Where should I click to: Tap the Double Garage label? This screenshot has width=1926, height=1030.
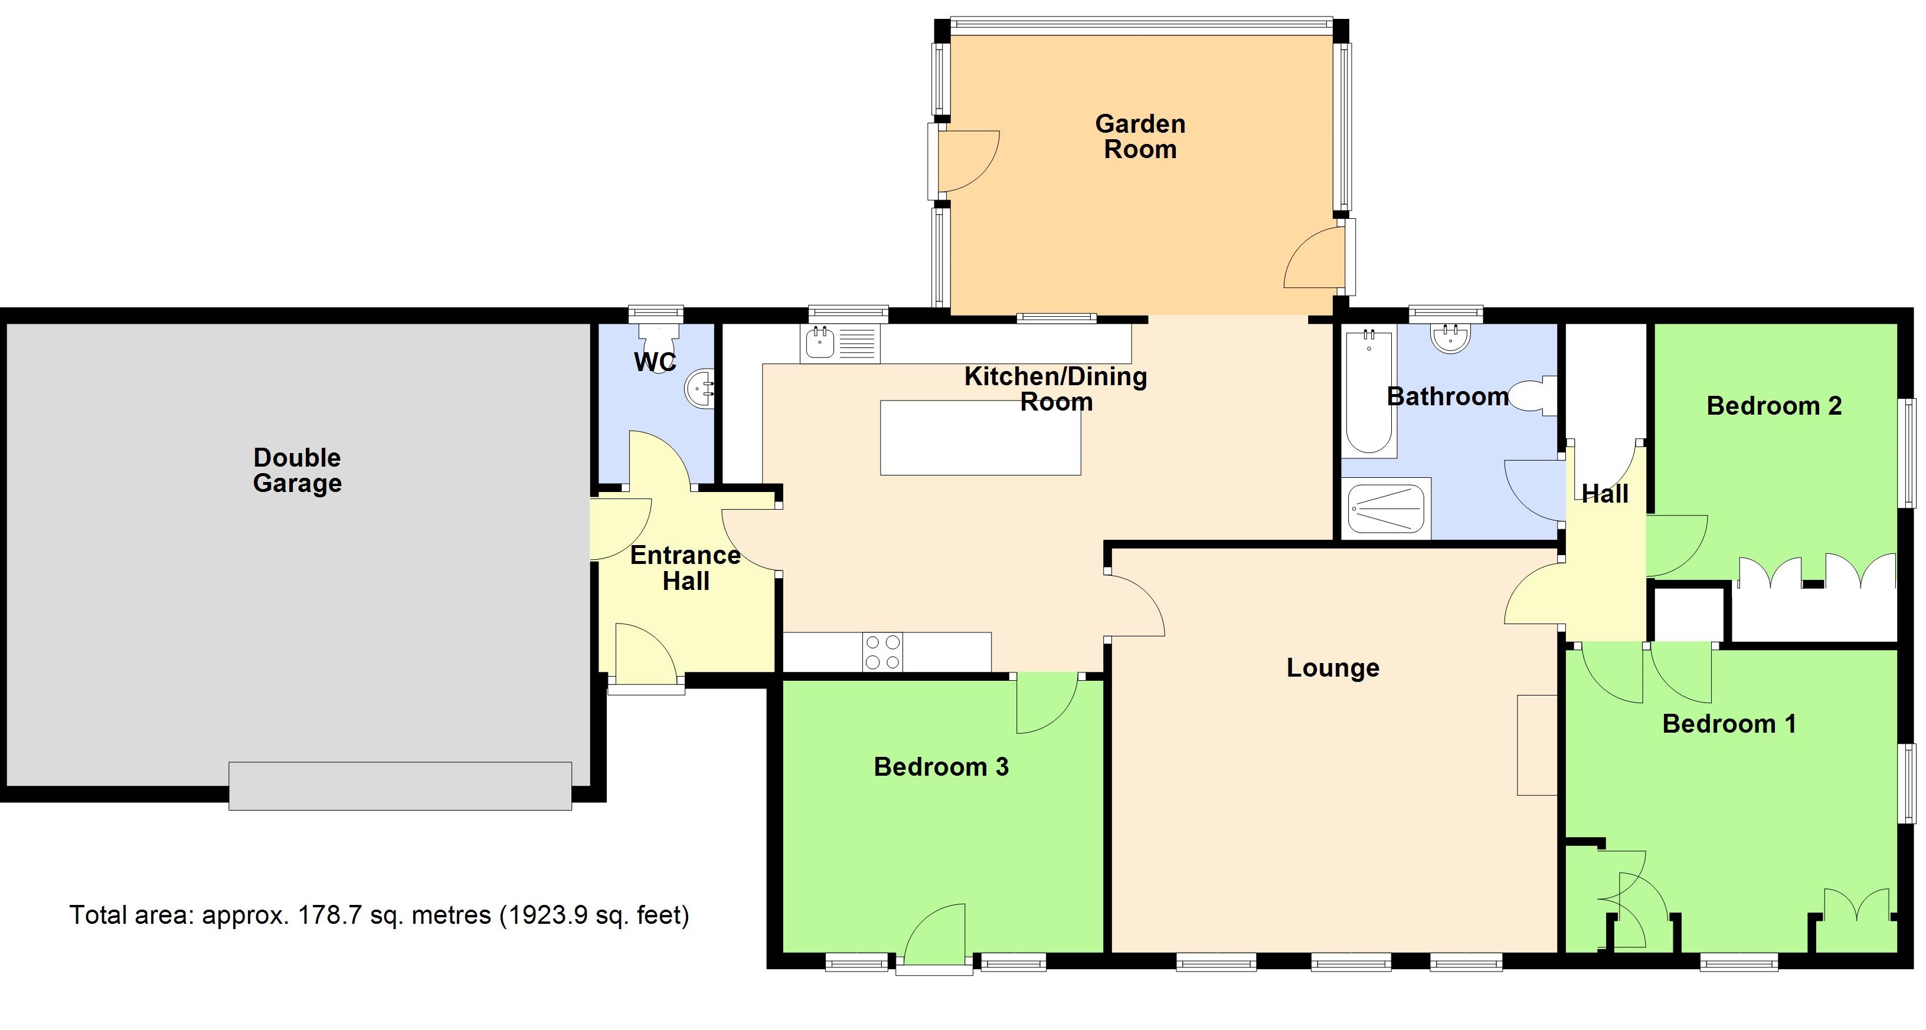pyautogui.click(x=297, y=470)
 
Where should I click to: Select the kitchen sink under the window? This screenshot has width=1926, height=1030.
pyautogui.click(x=820, y=344)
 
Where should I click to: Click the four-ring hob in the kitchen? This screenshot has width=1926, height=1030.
pyautogui.click(x=882, y=652)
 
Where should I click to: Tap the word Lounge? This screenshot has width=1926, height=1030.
pyautogui.click(x=1332, y=667)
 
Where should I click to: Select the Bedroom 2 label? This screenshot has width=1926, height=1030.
pyautogui.click(x=1774, y=406)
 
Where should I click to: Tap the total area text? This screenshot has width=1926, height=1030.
pyautogui.click(x=379, y=915)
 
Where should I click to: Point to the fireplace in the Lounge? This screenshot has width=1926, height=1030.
pyautogui.click(x=1536, y=744)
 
